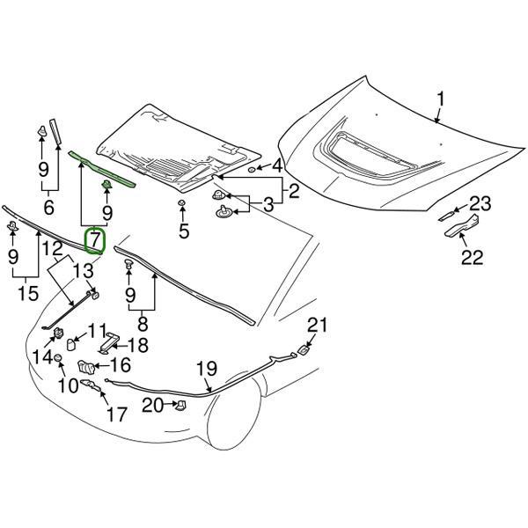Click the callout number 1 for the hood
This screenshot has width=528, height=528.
pos(441,99)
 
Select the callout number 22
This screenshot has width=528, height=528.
pos(473,258)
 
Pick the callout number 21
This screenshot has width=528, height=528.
pos(317,325)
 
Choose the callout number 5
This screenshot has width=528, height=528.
pos(183,231)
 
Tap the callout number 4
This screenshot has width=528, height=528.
pos(276,165)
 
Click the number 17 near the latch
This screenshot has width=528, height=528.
pos(117,412)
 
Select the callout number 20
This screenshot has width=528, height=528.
pos(152,405)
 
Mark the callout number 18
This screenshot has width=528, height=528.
pos(139,345)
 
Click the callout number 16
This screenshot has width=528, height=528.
pos(120,365)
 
